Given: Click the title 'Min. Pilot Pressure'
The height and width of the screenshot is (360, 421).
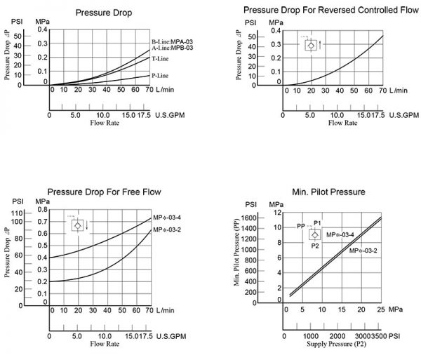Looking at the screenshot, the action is coord(328,192).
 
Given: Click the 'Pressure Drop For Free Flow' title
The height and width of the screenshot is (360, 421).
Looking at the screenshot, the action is coord(104,192).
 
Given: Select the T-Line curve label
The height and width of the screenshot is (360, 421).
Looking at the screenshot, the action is coord(160,59).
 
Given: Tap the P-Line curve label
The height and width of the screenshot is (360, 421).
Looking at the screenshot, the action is coord(160,76).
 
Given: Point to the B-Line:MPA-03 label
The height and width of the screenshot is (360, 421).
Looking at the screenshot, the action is coord(172,41).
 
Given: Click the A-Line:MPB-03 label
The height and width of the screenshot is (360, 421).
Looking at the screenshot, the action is coord(173,48).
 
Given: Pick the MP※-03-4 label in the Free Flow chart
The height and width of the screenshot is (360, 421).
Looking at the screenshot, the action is coord(167,218).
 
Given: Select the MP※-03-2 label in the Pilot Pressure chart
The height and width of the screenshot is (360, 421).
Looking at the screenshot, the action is coord(363,251).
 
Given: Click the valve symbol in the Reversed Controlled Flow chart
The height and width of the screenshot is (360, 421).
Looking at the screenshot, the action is coord(311,46).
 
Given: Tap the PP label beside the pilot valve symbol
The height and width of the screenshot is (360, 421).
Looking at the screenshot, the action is coord(301,226).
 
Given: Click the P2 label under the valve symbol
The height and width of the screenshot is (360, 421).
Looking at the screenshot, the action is coord(315,246).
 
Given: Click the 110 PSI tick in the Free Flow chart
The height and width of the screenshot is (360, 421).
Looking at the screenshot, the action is coord(17,213).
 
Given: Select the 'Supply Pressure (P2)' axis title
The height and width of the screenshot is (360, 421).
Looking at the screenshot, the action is coord(336,344).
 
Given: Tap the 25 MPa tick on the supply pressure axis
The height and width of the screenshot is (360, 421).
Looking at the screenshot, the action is coord(381,309).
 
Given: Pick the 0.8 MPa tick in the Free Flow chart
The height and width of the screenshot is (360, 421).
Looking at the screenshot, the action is coord(42,210).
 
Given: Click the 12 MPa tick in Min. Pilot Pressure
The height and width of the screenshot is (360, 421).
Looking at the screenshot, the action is coord(278,213).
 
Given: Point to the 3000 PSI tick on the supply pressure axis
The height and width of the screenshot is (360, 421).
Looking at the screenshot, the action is coord(363,336).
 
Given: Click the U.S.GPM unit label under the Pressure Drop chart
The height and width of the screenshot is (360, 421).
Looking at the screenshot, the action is coord(170,115).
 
